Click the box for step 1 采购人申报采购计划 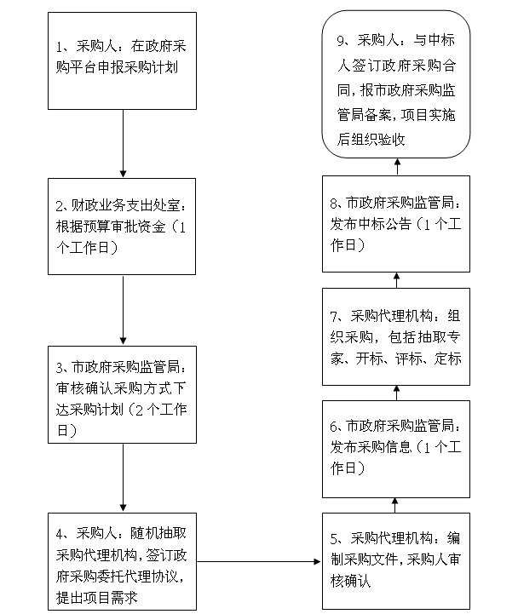pos(122,60)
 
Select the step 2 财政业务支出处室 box pos(122,227)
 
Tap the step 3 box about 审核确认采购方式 pos(122,395)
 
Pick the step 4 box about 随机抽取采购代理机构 pos(122,561)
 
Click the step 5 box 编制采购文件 pos(396,561)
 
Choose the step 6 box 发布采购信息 pos(396,449)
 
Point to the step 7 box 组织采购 pos(396,336)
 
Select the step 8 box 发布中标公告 pos(396,224)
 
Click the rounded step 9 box pos(396,84)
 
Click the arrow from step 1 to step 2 pos(123,144)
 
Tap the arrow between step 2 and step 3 pos(123,310)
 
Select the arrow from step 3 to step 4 pos(123,478)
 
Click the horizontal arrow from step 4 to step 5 pos(259,561)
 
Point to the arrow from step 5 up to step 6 pos(395,506)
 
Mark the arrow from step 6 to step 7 pos(396,393)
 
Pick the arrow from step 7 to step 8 pos(396,280)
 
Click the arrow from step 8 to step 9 pos(397,167)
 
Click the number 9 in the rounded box pos(341,41)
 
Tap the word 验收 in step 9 pos(391,140)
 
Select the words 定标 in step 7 pos(448,359)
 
